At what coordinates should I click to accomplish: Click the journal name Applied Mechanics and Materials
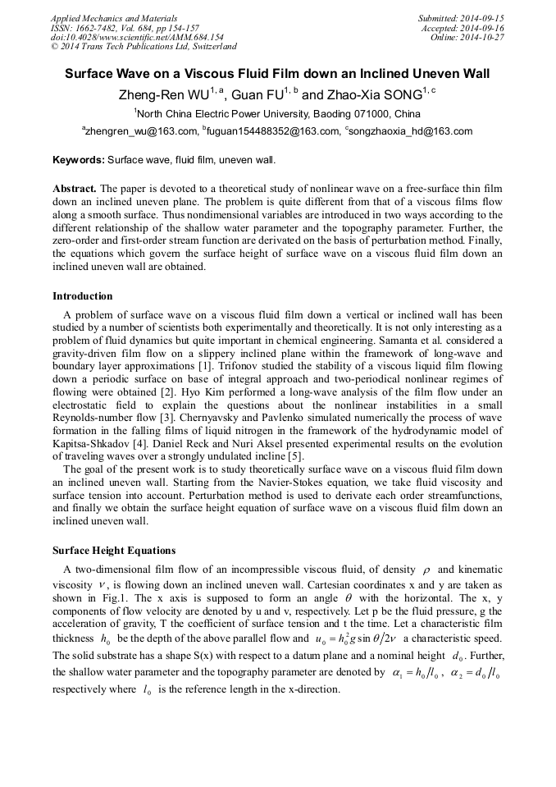coord(114,18)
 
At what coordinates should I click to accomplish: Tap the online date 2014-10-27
coord(485,37)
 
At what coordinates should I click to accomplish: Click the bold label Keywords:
coord(79,159)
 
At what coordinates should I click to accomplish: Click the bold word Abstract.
coord(74,188)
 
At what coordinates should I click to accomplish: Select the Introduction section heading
coord(83,296)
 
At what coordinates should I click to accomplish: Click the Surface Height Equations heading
coord(114,550)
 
